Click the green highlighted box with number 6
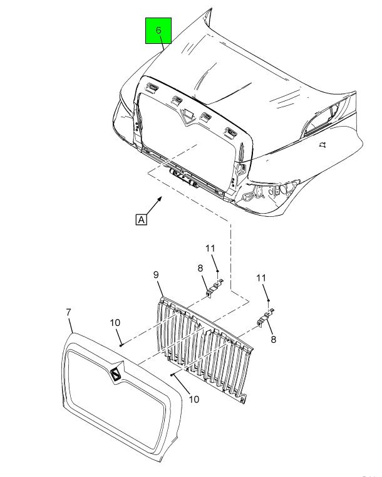coord(158,31)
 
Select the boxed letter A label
coord(142,219)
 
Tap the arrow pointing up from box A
coord(154,206)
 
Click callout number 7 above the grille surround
coord(68,312)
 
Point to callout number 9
coord(156,275)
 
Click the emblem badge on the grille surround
coord(115,374)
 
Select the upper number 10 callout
coord(115,322)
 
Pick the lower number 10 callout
coord(194,399)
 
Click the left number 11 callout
coord(210,249)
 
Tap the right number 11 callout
coord(261,278)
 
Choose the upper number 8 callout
coord(200,268)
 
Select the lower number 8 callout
coord(273,340)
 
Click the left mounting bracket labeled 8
coord(215,288)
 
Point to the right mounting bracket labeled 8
coord(266,318)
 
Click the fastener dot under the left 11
coord(217,271)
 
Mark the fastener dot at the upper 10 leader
coord(121,345)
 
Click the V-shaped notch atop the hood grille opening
coord(188,117)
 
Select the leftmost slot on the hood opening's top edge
coord(152,88)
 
